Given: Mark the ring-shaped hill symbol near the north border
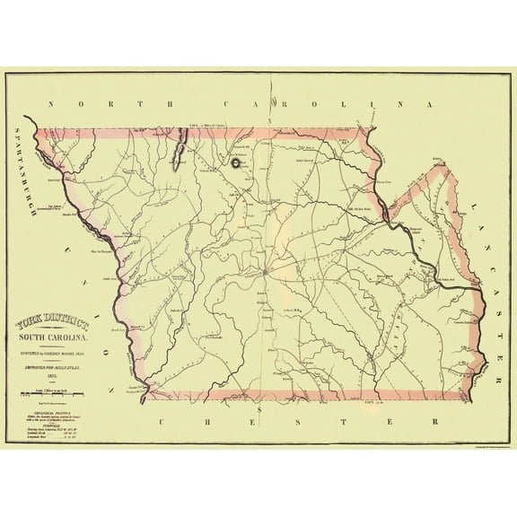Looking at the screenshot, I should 236,162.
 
